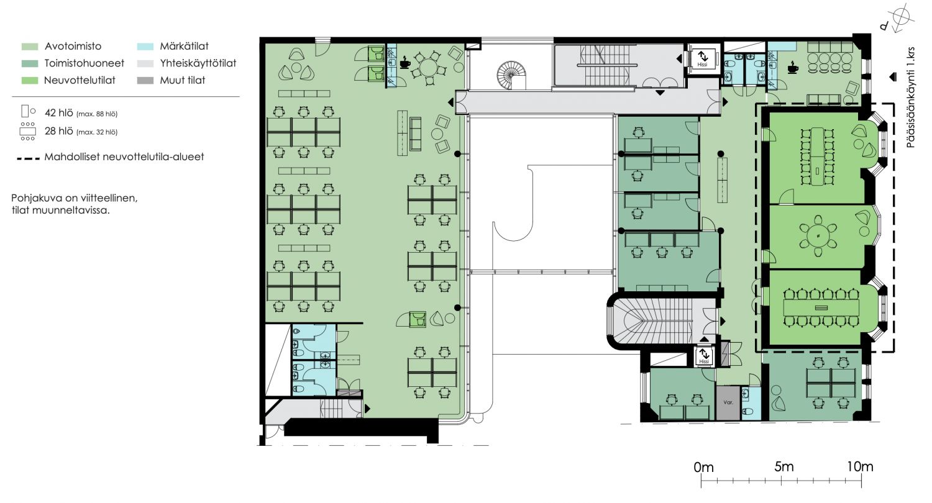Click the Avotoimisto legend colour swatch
coord(30,47)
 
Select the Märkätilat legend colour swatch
coord(145,47)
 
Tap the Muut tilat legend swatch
coord(145,81)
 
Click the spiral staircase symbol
coord(511,75)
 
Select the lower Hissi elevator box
coord(704,356)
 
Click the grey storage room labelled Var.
coord(728,402)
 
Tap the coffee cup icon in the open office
coord(404,63)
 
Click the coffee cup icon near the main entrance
coord(793,67)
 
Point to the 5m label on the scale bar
coord(784,467)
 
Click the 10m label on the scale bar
coord(859,467)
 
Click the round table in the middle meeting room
coord(818,236)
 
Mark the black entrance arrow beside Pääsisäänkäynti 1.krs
coord(892,77)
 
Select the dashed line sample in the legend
coord(29,158)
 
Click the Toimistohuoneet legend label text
coord(85,63)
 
